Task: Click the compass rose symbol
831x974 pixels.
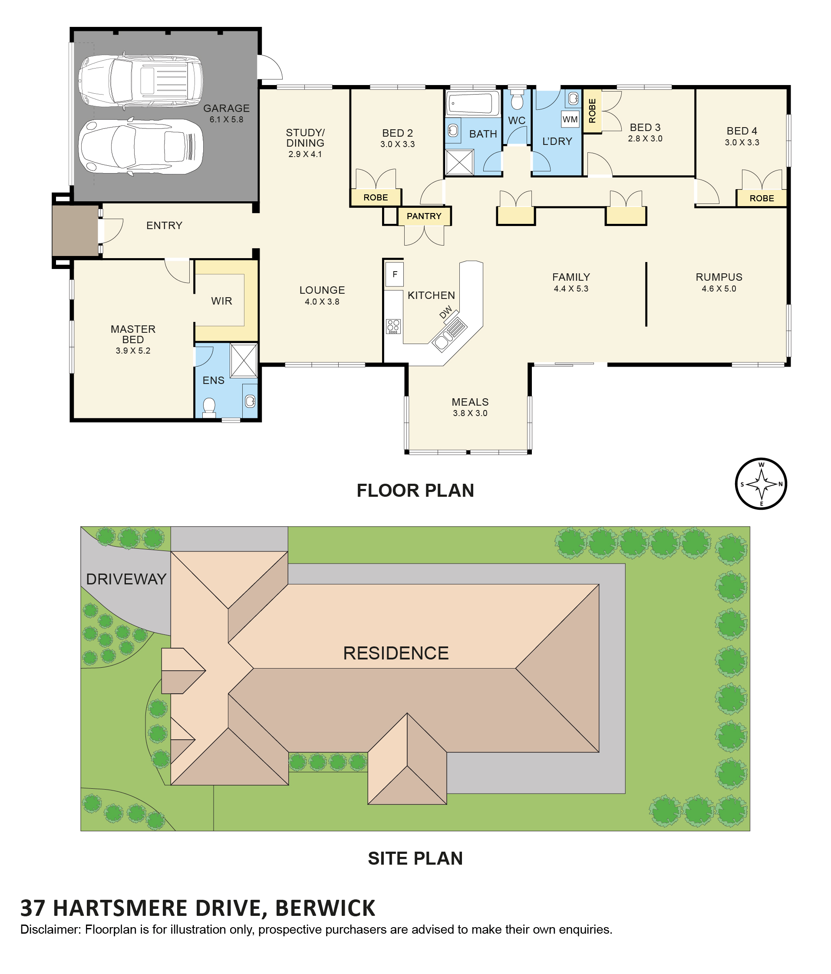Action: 761,484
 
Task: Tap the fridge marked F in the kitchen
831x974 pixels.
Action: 395,274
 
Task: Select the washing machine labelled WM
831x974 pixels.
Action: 570,119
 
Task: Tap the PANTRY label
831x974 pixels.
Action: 424,216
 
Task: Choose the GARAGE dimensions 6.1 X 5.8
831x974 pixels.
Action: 226,119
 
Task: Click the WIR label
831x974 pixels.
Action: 221,301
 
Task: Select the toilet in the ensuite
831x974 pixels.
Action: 208,407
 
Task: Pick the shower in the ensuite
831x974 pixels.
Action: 244,361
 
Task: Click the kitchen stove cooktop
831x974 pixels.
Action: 393,326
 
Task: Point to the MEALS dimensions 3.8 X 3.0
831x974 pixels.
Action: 470,413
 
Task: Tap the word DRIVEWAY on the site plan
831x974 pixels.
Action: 126,579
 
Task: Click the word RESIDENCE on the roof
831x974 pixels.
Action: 396,653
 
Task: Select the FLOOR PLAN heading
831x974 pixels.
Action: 415,490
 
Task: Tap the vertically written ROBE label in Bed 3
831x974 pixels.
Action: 592,111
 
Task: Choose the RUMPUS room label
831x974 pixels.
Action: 719,277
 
